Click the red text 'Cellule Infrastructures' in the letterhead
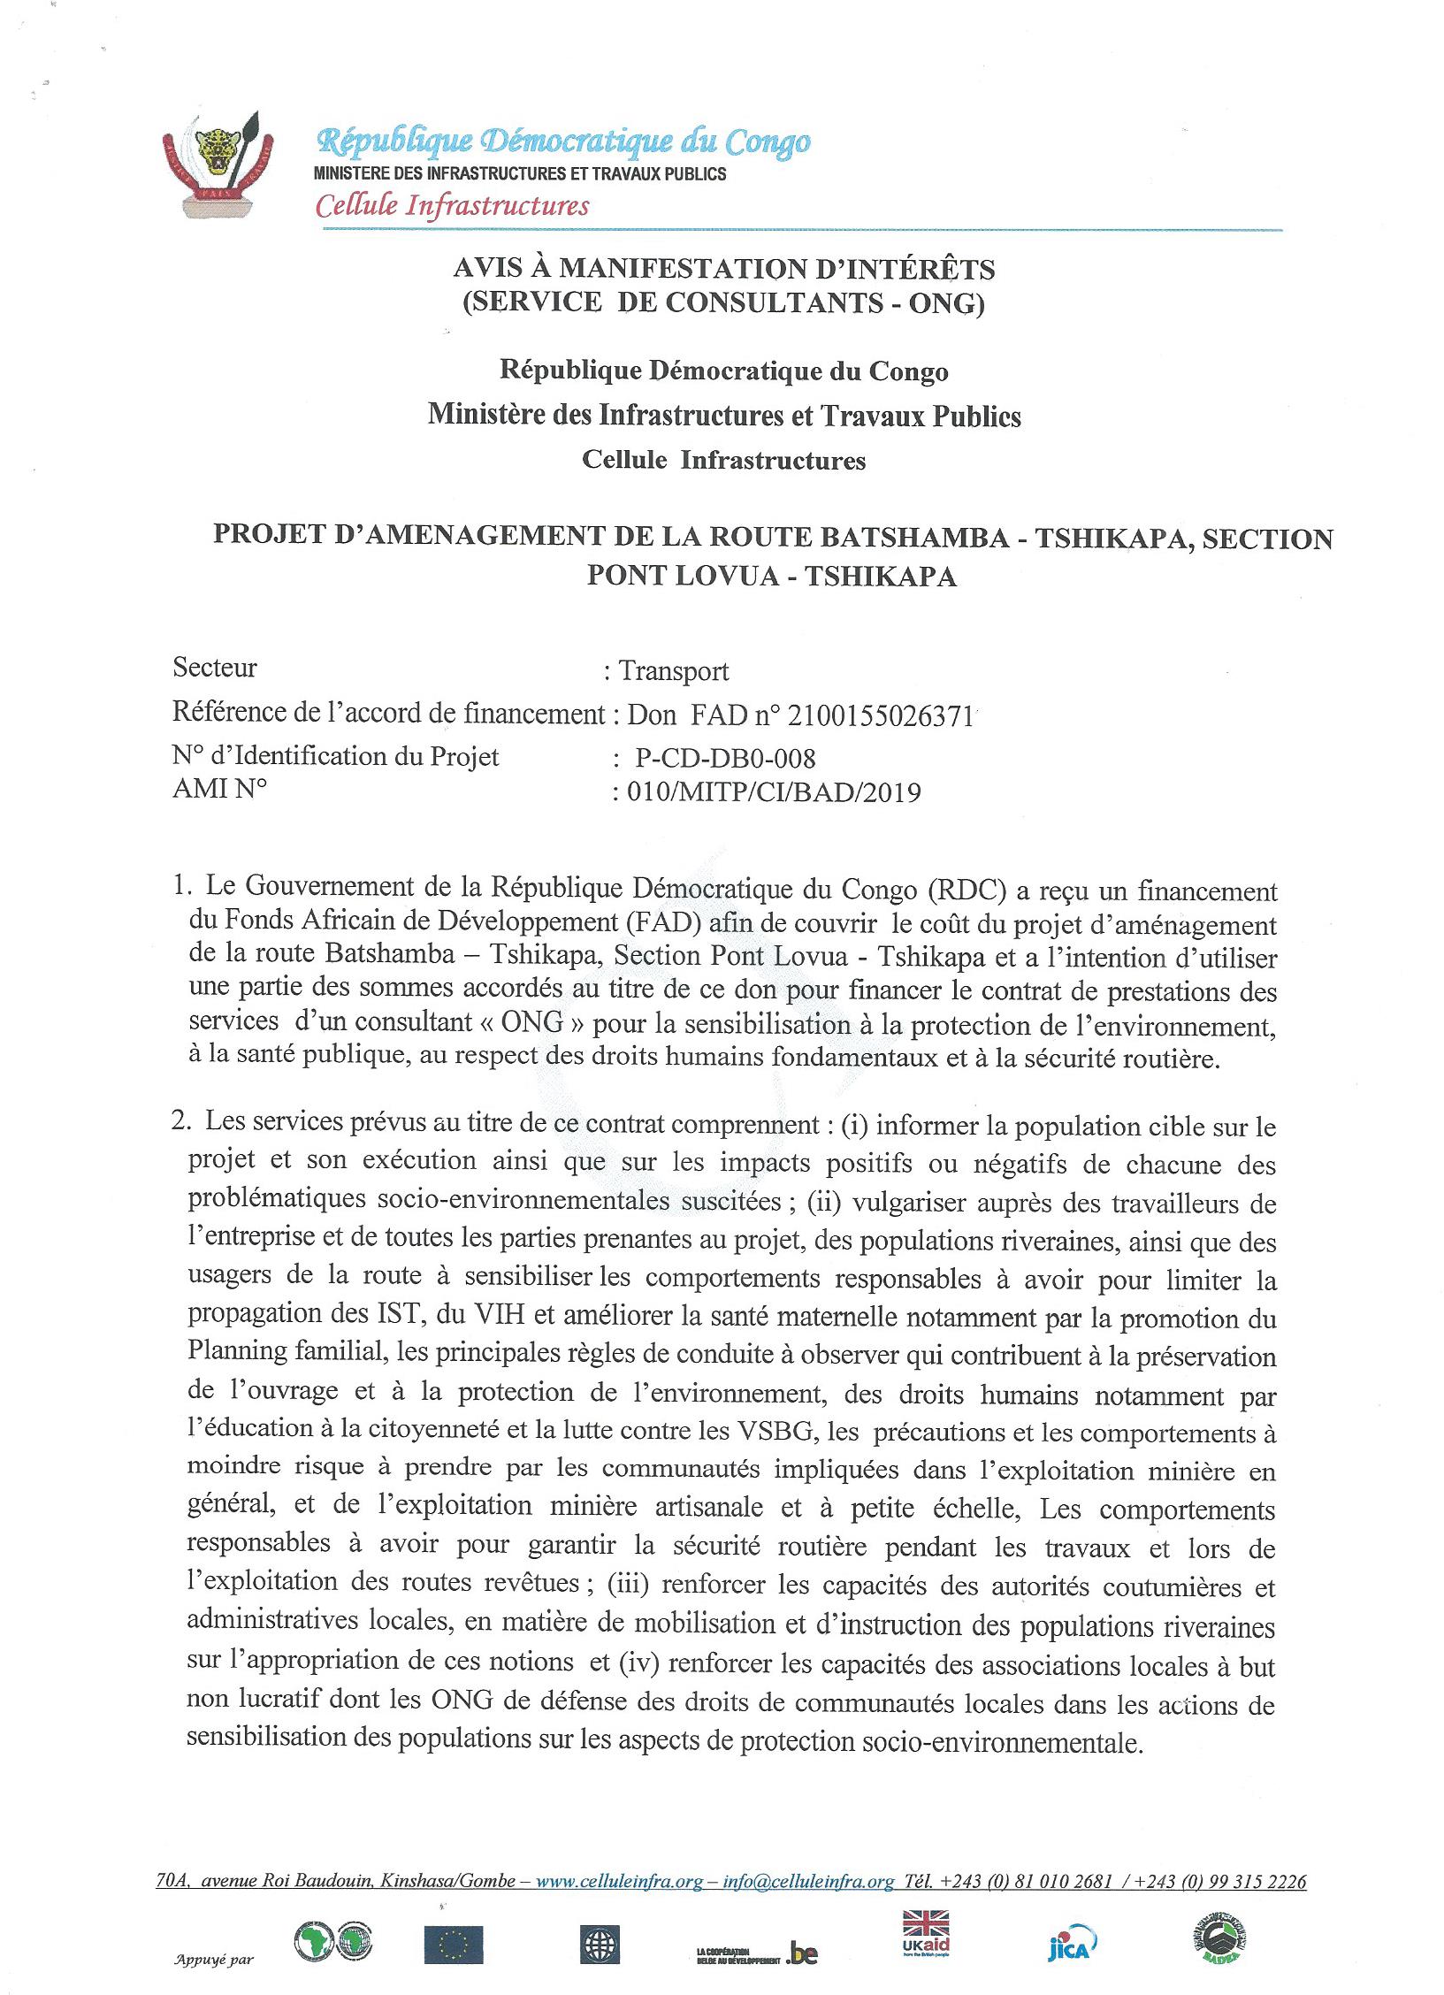click(x=452, y=206)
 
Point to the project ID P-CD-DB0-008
click(x=725, y=758)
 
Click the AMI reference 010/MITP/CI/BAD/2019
click(x=774, y=791)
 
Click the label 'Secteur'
click(x=215, y=668)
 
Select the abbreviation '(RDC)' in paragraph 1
click(x=965, y=888)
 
